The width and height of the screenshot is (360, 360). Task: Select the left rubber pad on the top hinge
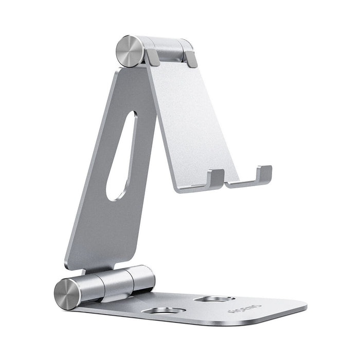point(152,57)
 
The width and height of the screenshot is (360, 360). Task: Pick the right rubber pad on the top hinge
point(190,58)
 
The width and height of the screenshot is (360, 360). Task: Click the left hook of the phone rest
point(215,178)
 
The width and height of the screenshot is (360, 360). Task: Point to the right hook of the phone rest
point(264,173)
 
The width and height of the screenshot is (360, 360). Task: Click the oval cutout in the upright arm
point(122,154)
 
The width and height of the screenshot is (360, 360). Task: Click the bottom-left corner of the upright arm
point(68,264)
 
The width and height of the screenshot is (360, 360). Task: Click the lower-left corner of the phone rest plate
point(178,189)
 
